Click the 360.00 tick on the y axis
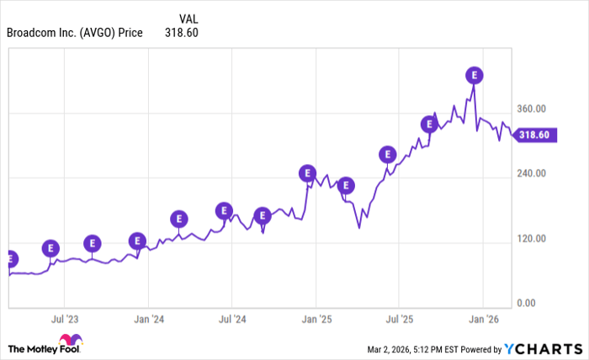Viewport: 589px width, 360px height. pos(532,109)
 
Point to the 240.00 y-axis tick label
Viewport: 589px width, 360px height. pos(532,173)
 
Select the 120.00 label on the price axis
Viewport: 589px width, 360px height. pos(532,239)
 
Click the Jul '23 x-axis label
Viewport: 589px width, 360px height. pos(65,319)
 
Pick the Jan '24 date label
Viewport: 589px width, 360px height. pos(148,319)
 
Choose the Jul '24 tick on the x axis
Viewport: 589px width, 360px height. pos(231,319)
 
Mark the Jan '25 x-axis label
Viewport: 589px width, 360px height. pos(316,319)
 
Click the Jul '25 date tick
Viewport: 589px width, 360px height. pos(399,319)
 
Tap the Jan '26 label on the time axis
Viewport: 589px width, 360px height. pos(483,319)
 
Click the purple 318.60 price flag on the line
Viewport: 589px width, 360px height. pos(534,135)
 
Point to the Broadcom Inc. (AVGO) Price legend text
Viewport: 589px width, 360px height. pos(75,34)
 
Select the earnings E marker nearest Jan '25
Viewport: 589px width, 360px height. pos(307,173)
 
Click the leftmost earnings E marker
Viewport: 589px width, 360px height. pos(11,258)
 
